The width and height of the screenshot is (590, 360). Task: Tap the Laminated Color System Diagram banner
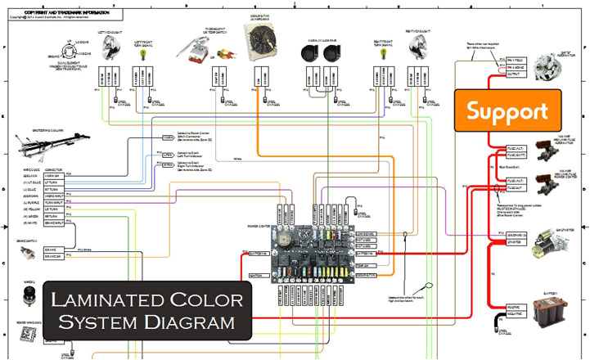147,310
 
